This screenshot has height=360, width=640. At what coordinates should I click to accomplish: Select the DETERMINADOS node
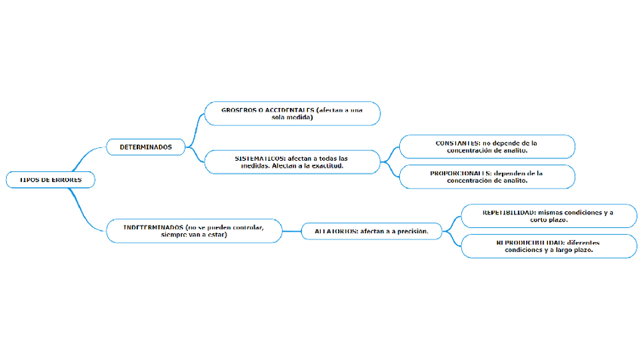pos(146,146)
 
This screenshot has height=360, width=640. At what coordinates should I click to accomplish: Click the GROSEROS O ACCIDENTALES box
pos(292,114)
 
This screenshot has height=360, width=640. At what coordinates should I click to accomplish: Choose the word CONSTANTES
pos(457,142)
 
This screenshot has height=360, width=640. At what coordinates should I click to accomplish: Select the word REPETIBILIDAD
pos(509,213)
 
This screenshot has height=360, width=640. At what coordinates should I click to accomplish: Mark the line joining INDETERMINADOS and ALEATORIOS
pos(292,231)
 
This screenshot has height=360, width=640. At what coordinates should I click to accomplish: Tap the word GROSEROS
pos(238,110)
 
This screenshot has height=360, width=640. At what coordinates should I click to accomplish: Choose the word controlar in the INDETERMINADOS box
pos(243,227)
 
